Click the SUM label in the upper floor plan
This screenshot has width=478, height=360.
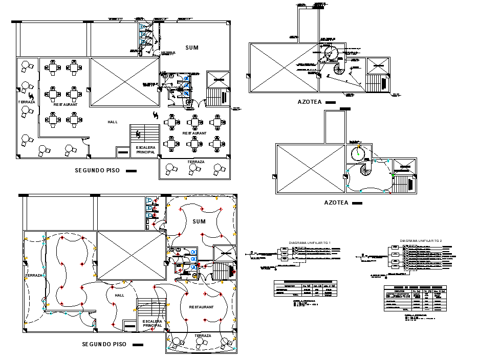(x=192, y=48)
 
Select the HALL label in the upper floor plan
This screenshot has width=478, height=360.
(x=112, y=122)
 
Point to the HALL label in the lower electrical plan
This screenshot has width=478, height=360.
(x=119, y=296)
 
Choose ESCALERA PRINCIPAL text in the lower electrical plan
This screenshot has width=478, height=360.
(x=152, y=323)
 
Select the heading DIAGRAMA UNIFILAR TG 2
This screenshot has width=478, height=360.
(x=421, y=240)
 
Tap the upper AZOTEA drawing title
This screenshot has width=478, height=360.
(x=310, y=102)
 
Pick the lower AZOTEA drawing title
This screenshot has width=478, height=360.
(x=337, y=202)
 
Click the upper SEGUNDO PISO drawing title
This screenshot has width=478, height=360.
(x=98, y=171)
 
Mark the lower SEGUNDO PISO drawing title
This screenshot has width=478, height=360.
(x=104, y=345)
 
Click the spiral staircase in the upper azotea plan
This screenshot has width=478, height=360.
(x=339, y=68)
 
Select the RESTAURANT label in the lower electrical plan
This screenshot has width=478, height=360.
(x=201, y=307)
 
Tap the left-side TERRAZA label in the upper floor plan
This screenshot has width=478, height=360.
(x=27, y=102)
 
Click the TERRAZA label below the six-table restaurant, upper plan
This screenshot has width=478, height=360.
(x=195, y=162)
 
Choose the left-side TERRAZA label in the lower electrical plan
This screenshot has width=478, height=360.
(x=33, y=276)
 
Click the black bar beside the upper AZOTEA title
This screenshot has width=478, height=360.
(x=330, y=102)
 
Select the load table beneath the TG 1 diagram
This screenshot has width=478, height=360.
(x=306, y=288)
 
